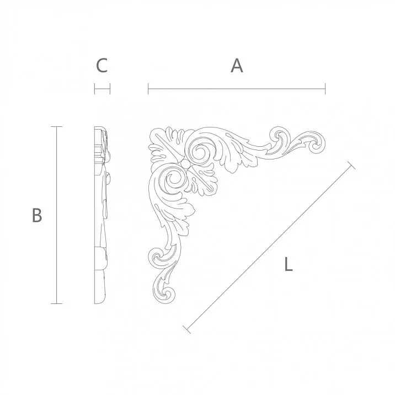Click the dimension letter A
(x=237, y=66)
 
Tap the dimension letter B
(x=36, y=215)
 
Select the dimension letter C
(x=102, y=66)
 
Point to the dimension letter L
(x=288, y=265)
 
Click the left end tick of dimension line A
(x=148, y=88)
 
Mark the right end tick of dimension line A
(x=325, y=88)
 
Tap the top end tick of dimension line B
(x=56, y=127)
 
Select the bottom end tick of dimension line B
(x=56, y=303)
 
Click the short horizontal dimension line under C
(x=102, y=88)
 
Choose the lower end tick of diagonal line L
(x=187, y=330)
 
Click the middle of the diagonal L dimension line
(x=269, y=247)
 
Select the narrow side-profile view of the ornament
(x=103, y=215)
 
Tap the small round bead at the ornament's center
(x=185, y=164)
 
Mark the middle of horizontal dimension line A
(x=237, y=88)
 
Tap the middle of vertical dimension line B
(x=56, y=215)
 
